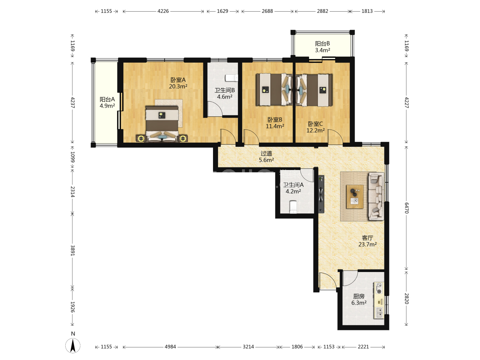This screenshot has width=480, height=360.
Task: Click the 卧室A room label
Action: pos(178,80)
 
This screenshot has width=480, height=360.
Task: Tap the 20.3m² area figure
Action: pos(178,86)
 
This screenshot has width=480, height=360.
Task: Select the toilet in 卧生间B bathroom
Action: pos(231,78)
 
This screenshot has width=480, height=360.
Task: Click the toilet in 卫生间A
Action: pos(293,207)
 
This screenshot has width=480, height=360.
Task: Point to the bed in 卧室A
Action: pos(162,124)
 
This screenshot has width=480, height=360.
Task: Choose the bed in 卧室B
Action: pos(274,90)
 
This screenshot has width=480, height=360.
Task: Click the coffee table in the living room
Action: pos(355,197)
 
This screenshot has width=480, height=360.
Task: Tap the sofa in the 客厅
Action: pos(376,196)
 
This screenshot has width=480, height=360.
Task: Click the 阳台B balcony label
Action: pos(322,43)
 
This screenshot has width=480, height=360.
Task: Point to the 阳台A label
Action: pos(107,99)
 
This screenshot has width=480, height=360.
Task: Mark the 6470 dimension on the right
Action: pos(406,208)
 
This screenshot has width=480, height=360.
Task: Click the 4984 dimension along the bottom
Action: pos(170,347)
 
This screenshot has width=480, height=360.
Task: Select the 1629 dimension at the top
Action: pos(222,11)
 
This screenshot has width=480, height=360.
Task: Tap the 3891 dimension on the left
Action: pos(73,250)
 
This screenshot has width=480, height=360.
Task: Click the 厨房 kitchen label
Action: pos(359,296)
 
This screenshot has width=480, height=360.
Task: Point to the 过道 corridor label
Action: pos(266,153)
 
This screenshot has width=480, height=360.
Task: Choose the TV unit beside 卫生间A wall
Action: pos(321,194)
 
